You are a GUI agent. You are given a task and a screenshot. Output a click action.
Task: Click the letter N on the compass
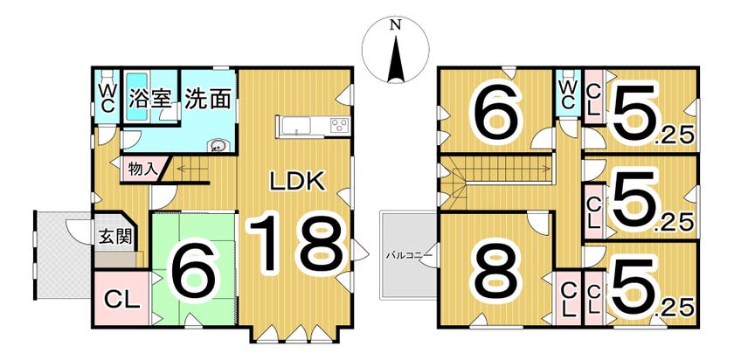tap(395, 26)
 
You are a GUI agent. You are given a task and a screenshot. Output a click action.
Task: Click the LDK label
tap(296, 181)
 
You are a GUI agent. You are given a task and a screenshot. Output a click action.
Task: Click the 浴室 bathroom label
tap(149, 99)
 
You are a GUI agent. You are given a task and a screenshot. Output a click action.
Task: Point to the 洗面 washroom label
tap(208, 99)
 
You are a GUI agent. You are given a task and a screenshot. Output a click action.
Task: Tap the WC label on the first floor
tap(107, 98)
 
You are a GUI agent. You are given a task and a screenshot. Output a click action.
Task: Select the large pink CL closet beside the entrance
tap(122, 300)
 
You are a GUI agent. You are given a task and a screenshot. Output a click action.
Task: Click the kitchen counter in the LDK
tap(312, 126)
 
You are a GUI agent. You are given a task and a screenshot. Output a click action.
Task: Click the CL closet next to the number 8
tap(567, 298)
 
